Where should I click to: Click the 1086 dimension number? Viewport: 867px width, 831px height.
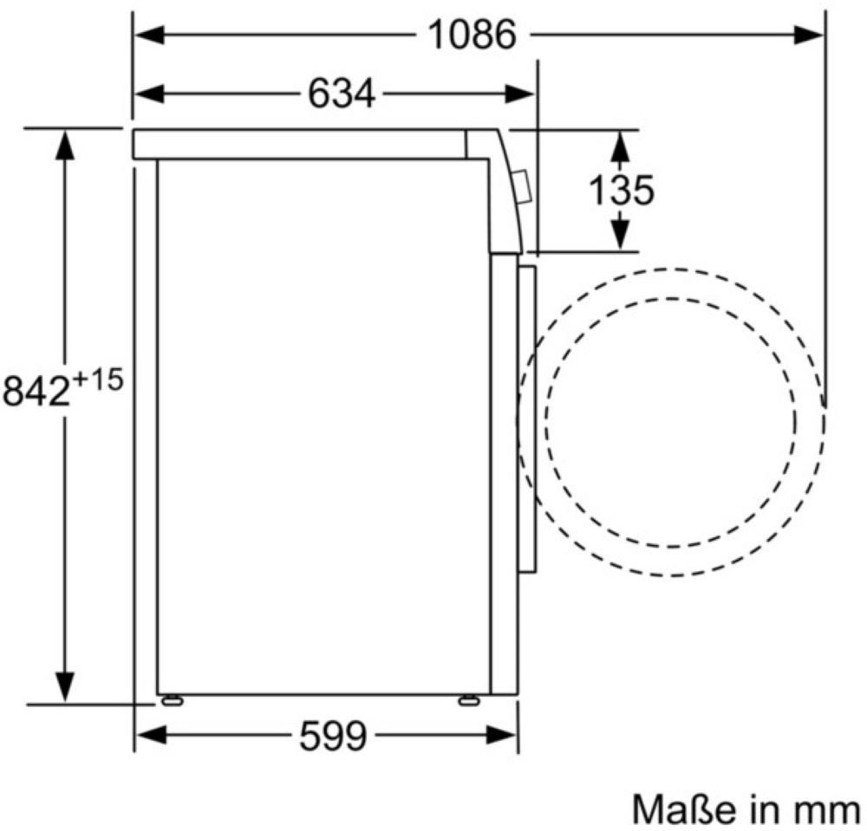click(x=473, y=35)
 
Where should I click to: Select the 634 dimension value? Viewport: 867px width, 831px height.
click(x=341, y=94)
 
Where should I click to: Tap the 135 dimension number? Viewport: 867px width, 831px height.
click(x=621, y=190)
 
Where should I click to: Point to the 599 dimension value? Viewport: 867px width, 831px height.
click(x=333, y=736)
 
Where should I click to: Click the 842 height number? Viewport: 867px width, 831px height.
click(x=36, y=391)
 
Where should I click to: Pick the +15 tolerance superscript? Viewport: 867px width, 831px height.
click(x=97, y=380)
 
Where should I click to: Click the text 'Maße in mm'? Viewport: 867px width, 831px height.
click(x=746, y=810)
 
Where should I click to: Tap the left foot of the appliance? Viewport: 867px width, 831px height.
click(x=172, y=700)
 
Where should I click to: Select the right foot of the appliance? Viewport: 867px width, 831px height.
click(x=469, y=700)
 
